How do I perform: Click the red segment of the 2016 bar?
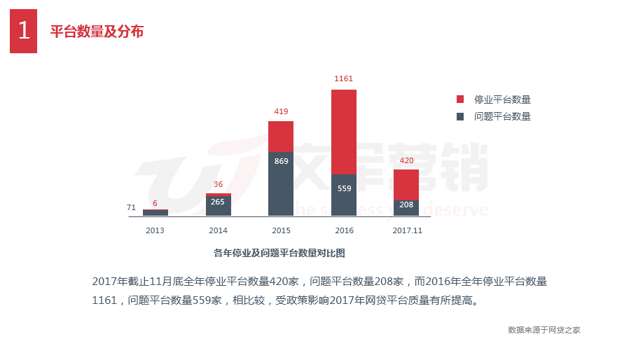(344, 132)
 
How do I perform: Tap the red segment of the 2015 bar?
(281, 137)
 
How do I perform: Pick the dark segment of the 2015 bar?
(281, 184)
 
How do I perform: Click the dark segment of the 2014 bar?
(219, 206)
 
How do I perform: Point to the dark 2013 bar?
(155, 212)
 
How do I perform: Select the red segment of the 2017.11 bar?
(406, 184)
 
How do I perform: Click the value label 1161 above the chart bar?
(344, 78)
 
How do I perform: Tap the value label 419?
(281, 111)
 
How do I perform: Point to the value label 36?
(219, 185)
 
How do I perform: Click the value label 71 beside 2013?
(131, 207)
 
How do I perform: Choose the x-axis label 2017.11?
(407, 230)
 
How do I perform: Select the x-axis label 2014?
(219, 230)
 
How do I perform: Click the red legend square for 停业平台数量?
(460, 99)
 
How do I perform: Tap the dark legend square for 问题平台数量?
(460, 116)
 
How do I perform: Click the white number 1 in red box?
(23, 31)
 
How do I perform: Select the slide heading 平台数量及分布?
(97, 32)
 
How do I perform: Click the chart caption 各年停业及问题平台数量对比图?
(279, 253)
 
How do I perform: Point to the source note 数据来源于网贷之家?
(544, 330)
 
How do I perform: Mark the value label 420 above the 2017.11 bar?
(406, 160)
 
